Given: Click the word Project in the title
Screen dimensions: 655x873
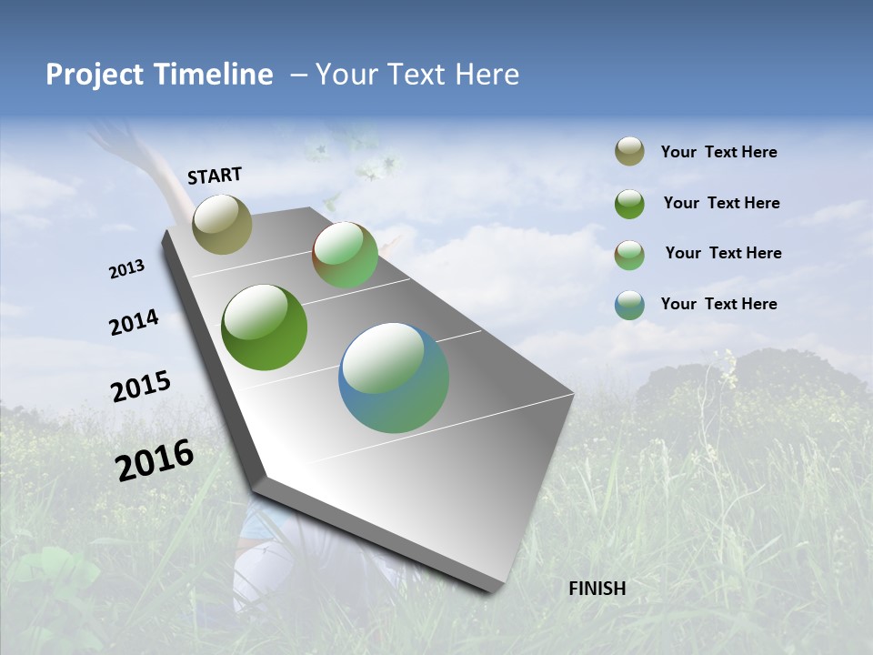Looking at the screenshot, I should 95,75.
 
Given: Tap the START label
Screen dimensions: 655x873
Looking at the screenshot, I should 215,176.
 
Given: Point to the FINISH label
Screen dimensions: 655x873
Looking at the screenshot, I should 597,589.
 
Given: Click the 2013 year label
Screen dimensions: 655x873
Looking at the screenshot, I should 126,269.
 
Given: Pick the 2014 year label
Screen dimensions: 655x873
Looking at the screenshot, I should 134,322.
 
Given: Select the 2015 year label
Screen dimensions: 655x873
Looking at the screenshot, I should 140,387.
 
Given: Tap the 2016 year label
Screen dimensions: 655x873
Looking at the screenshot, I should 155,459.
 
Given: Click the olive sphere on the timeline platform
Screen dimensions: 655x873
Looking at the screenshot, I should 222,224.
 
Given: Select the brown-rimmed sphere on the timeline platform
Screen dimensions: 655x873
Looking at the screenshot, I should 345,255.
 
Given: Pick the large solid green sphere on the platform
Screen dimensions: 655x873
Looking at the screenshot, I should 264,327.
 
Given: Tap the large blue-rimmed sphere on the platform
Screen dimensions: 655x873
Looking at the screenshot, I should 394,378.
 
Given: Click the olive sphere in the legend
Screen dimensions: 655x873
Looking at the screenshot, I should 629,152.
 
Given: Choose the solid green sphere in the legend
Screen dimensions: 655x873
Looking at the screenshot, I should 629,204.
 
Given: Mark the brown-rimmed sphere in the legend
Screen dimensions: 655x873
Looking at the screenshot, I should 629,254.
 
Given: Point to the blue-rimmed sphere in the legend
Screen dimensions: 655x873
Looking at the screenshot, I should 629,305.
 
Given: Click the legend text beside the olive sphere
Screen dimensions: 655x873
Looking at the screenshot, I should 718,152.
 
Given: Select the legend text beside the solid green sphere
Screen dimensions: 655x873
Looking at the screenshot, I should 721,203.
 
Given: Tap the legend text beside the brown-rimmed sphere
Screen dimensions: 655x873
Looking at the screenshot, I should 723,253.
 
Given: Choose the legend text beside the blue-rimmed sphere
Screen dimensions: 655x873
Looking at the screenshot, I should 718,304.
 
